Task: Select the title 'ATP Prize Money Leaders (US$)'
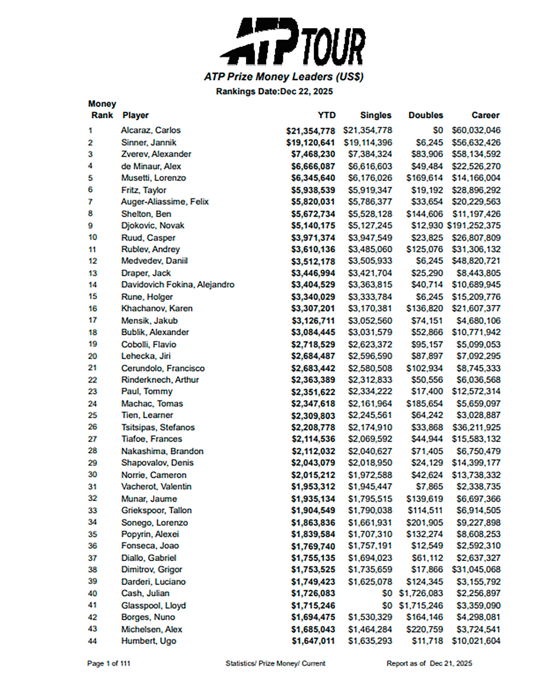[283, 77]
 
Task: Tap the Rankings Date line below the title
[274, 92]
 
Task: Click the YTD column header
[327, 115]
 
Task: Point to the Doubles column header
[425, 115]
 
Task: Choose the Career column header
[485, 115]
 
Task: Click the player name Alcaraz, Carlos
[150, 130]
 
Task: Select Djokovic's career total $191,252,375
[474, 226]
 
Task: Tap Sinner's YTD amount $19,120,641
[310, 143]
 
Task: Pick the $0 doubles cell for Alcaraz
[438, 130]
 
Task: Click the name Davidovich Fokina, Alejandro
[178, 285]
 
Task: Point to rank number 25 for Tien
[93, 415]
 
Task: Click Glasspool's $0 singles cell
[387, 605]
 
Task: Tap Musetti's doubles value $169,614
[424, 178]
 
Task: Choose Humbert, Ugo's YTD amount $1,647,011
[313, 641]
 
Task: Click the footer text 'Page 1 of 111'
[109, 663]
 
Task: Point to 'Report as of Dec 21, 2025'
[429, 663]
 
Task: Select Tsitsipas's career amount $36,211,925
[476, 427]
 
